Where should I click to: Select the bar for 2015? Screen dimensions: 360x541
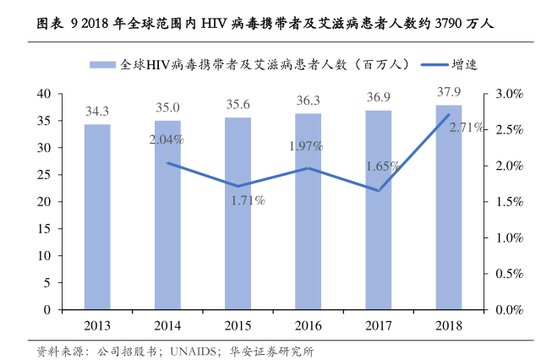(x=238, y=213)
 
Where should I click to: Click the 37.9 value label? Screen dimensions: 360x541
(x=449, y=92)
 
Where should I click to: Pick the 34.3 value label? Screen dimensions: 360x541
(x=97, y=112)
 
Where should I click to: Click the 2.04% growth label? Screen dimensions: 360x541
(x=167, y=139)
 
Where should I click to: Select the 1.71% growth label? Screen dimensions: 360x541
(x=249, y=201)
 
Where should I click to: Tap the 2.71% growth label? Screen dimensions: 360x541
(x=467, y=128)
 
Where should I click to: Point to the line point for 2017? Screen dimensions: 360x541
(x=378, y=190)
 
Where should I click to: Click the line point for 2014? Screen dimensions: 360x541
(x=167, y=162)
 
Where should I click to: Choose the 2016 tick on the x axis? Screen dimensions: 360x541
(x=308, y=325)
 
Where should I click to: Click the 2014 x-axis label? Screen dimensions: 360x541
(x=167, y=325)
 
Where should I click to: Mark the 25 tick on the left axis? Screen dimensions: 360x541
(x=46, y=175)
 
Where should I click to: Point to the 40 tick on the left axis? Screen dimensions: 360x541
(x=46, y=94)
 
